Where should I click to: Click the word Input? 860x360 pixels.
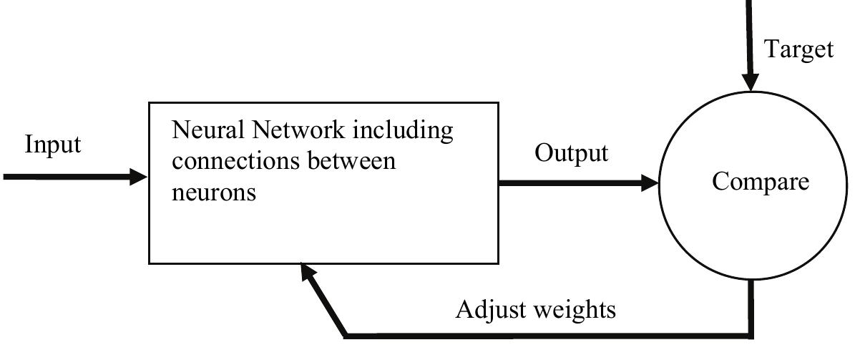coord(53,145)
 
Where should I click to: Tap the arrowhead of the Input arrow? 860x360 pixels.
coord(139,177)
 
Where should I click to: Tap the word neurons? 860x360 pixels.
coord(214,192)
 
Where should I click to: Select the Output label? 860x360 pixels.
coord(572,153)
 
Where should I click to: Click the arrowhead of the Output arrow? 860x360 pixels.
coord(649,184)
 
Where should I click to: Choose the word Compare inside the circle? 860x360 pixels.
coord(761,182)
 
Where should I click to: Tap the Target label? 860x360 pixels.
coord(799,49)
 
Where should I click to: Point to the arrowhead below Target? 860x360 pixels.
coord(751,83)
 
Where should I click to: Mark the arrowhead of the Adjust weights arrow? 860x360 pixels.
coord(308,272)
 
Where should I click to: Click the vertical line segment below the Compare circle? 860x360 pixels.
coord(751,308)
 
